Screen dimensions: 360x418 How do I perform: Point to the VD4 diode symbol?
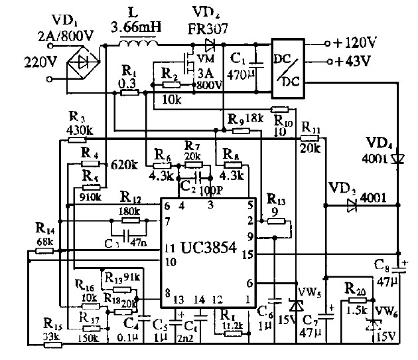click(x=397, y=158)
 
